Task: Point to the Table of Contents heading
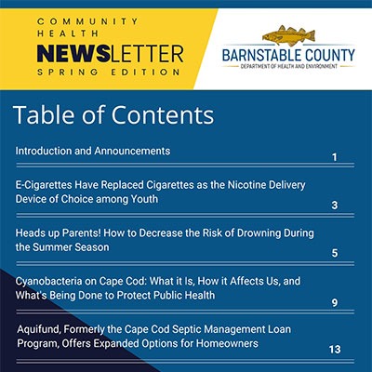tap(113, 115)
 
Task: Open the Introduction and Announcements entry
tap(92, 151)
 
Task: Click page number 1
tap(334, 158)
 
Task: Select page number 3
tap(334, 206)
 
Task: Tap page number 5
tap(334, 253)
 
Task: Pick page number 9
tap(334, 302)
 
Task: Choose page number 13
tap(334, 350)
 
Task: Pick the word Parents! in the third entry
tap(91, 232)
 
